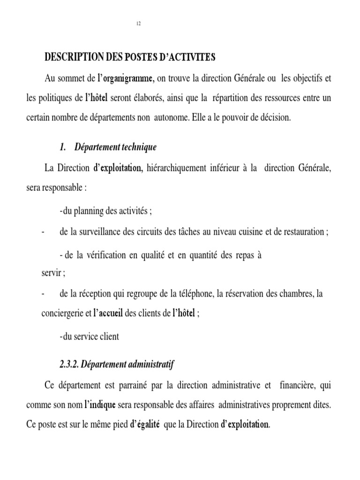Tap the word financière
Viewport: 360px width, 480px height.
(x=299, y=385)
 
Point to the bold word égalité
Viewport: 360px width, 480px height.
(x=147, y=425)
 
